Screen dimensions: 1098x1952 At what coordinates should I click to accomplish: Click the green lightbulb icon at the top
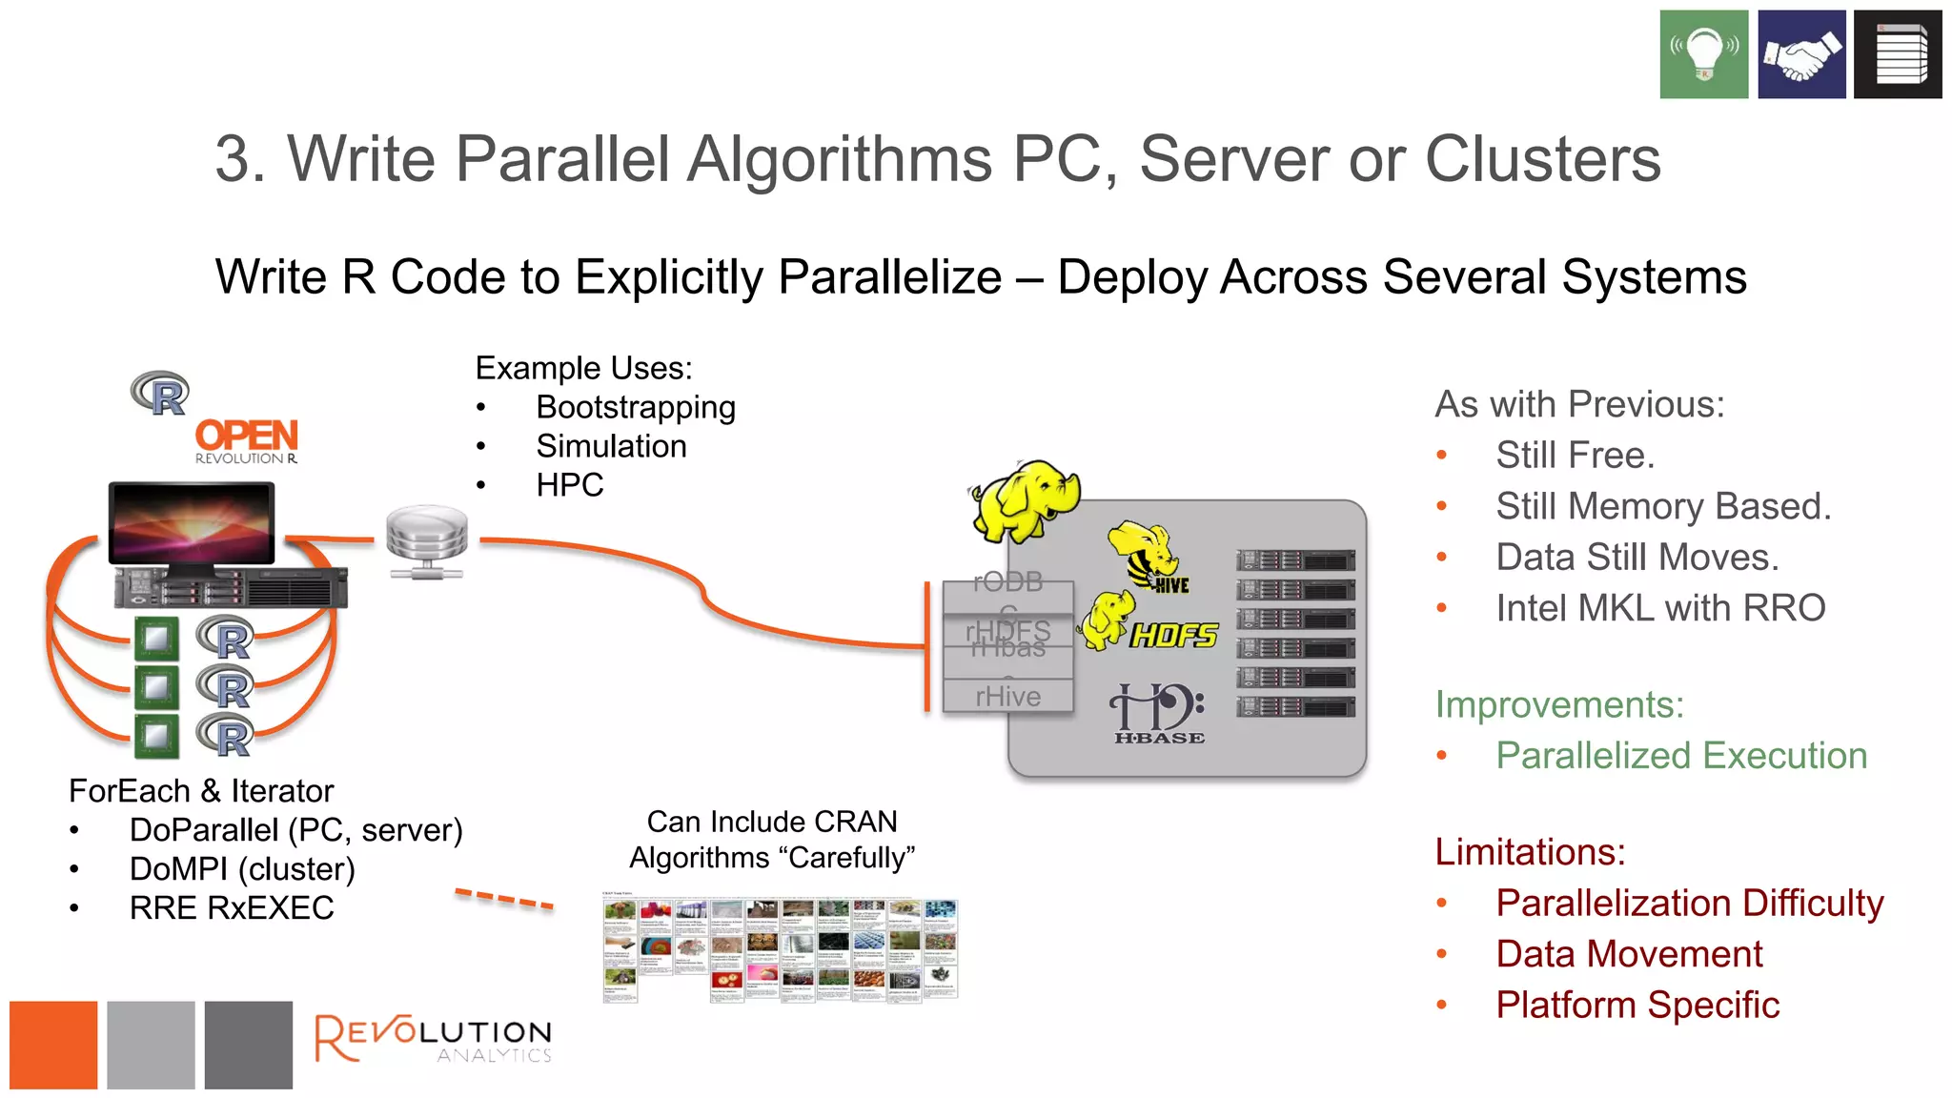point(1703,54)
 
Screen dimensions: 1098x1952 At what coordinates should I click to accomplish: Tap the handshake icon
point(1800,54)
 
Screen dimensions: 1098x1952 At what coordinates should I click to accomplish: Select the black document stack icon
point(1897,54)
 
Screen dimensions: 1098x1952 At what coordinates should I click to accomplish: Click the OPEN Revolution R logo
point(246,441)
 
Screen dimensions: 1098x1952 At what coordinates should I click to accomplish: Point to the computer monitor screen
point(191,523)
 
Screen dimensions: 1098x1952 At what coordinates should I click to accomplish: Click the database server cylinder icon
point(427,541)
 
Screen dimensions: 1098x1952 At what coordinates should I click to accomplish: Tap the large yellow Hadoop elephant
point(1026,499)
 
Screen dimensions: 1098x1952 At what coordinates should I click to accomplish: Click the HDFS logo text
point(1173,636)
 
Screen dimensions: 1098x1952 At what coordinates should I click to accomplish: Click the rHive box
point(1007,697)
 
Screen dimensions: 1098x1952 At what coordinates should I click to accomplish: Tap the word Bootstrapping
point(635,407)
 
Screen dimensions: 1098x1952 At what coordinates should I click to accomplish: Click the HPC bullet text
point(569,485)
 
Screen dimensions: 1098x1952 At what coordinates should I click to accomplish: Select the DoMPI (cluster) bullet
point(242,869)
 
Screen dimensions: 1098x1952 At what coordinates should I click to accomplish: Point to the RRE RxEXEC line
point(232,908)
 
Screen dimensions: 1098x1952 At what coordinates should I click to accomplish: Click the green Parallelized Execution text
point(1680,756)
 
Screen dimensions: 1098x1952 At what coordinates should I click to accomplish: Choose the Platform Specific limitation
point(1637,1006)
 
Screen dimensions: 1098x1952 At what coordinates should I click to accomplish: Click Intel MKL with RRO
point(1659,608)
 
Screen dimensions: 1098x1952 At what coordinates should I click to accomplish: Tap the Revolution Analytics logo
point(434,1039)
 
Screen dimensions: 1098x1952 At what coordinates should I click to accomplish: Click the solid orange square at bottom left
point(53,1045)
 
